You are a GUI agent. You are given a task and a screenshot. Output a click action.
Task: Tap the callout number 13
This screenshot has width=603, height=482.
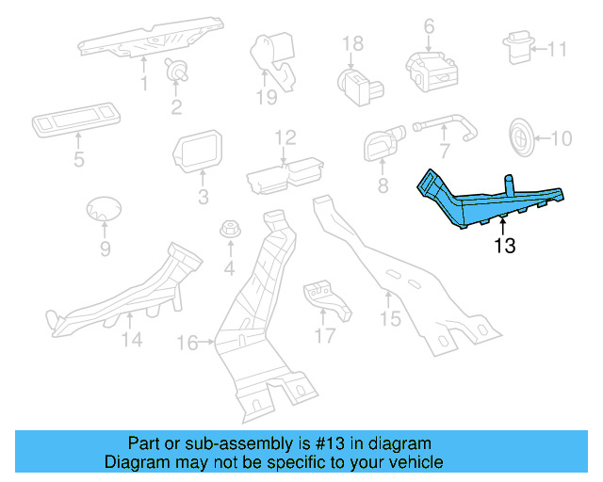click(505, 248)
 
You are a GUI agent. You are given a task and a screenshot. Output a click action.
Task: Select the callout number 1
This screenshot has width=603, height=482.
click(144, 85)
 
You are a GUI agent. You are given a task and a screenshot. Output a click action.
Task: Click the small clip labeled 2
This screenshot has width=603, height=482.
click(175, 68)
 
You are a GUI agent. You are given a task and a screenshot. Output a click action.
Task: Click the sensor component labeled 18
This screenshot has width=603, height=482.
click(356, 79)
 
